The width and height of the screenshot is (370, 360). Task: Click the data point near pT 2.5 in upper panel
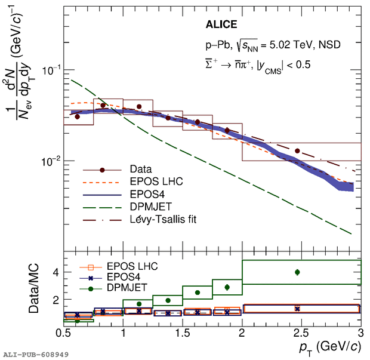pos(297,151)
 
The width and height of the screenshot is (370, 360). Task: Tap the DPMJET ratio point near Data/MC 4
pos(297,272)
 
